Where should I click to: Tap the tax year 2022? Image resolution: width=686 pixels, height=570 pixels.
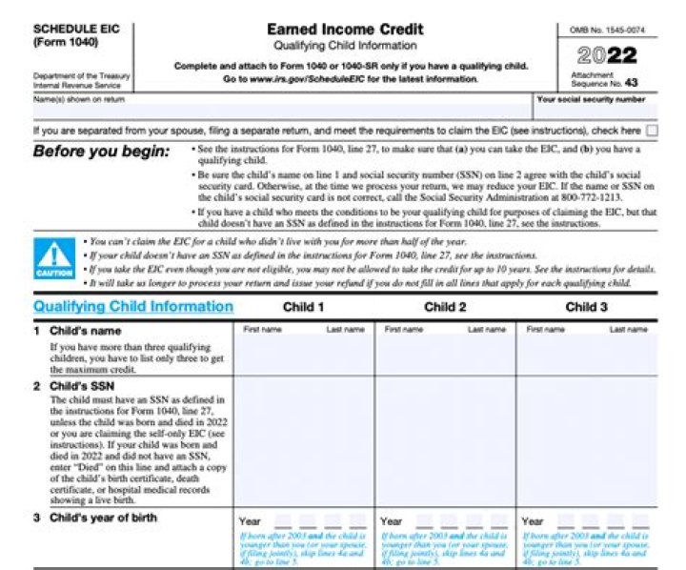tap(607, 54)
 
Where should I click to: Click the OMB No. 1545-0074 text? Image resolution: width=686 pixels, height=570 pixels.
tap(607, 31)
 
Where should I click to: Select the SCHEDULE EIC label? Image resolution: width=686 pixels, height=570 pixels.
tap(65, 30)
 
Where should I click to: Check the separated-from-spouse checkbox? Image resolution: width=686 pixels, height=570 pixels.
tap(652, 131)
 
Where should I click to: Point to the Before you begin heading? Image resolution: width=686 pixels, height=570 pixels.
tap(101, 152)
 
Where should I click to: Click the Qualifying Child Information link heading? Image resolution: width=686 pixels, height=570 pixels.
tap(133, 307)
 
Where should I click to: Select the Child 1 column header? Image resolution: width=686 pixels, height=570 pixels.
tap(303, 307)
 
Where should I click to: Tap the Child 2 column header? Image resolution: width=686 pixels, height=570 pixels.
tap(445, 307)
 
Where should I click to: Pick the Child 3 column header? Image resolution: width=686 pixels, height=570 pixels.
tap(586, 307)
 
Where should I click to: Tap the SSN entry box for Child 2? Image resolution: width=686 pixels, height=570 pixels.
tap(445, 441)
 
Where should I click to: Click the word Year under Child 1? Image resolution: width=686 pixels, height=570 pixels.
tap(250, 522)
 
